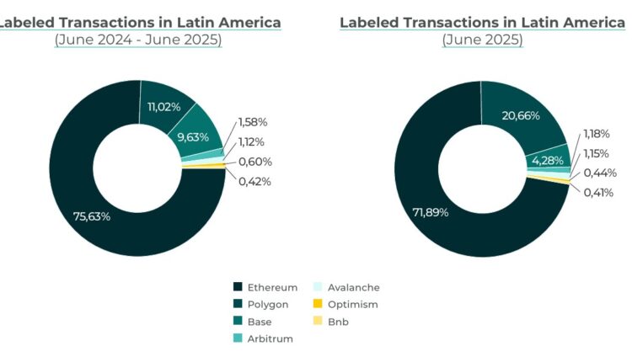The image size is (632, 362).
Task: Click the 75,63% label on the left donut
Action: pyautogui.click(x=92, y=216)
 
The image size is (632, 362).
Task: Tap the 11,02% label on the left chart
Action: pyautogui.click(x=163, y=107)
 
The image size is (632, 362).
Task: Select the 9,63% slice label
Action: pyautogui.click(x=193, y=137)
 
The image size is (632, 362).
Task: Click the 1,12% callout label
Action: pyautogui.click(x=251, y=141)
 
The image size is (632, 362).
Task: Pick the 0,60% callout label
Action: pyautogui.click(x=254, y=162)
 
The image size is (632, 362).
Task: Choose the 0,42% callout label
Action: pyautogui.click(x=254, y=181)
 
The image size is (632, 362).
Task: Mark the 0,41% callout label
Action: pyautogui.click(x=598, y=193)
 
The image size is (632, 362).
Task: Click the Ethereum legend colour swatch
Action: pyautogui.click(x=238, y=287)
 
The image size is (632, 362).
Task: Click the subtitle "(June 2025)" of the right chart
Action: pyautogui.click(x=482, y=40)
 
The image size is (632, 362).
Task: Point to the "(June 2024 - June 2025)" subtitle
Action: pyautogui.click(x=138, y=40)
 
